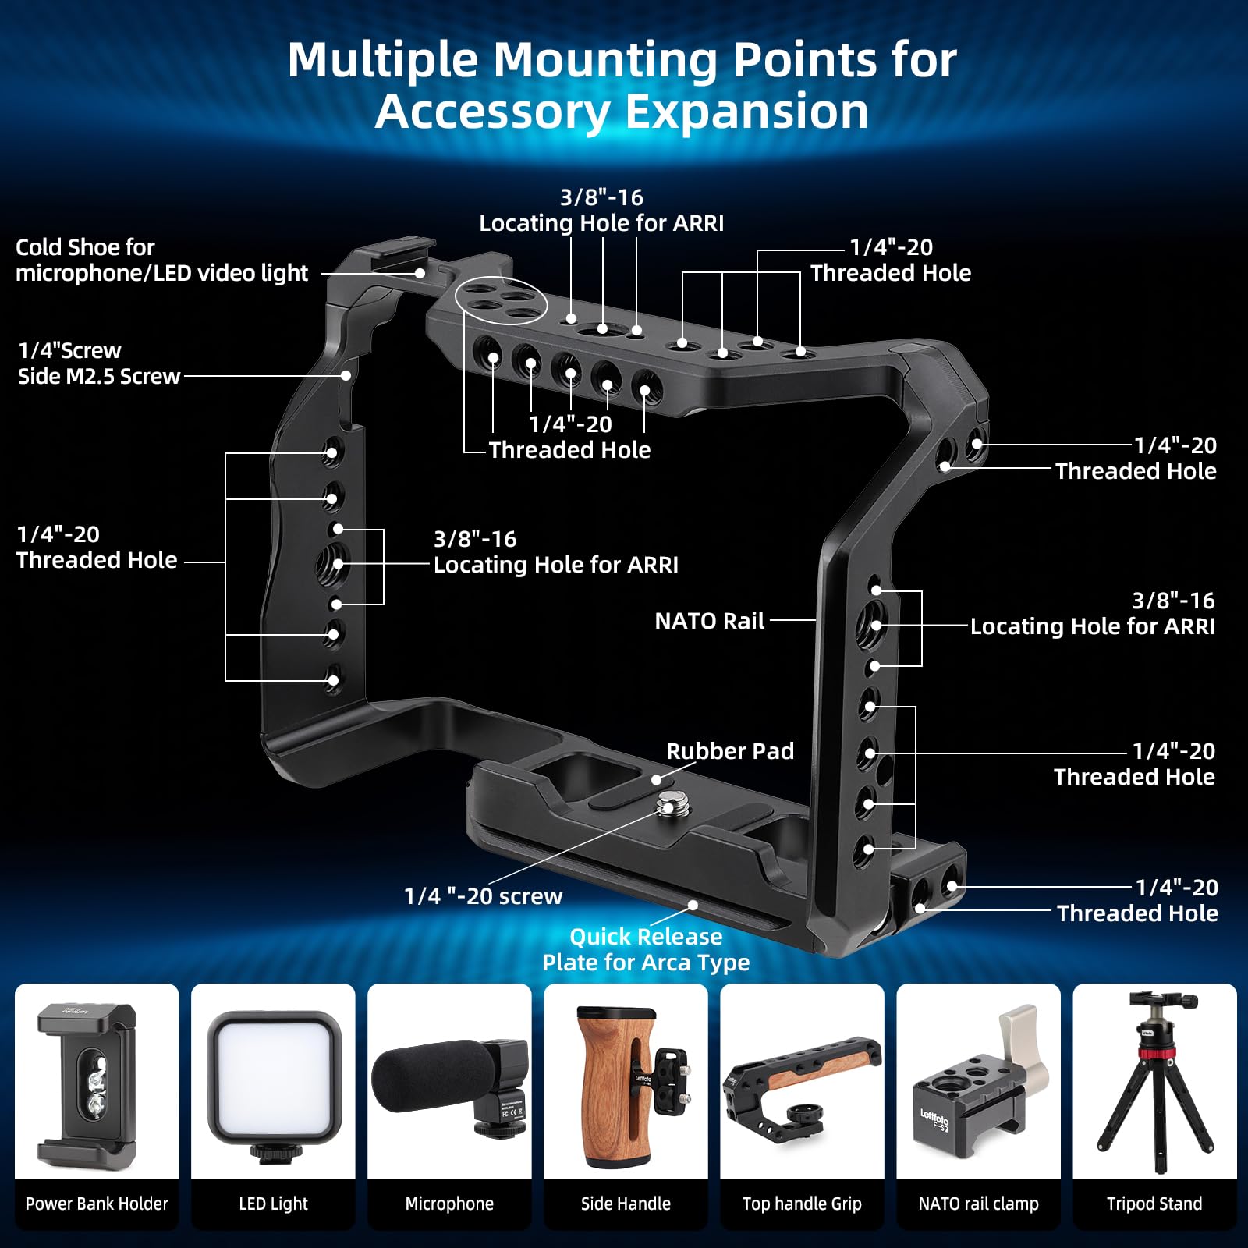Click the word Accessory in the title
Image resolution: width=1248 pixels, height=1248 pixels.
(x=493, y=112)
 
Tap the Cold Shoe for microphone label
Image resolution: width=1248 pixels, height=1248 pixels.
(x=161, y=260)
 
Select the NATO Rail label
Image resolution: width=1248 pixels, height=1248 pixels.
(x=709, y=621)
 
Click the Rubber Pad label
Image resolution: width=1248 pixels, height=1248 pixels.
(x=729, y=751)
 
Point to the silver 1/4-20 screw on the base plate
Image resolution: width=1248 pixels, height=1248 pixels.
(x=668, y=803)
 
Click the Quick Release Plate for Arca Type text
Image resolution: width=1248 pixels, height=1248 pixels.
(x=646, y=949)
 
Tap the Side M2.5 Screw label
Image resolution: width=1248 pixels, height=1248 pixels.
(x=99, y=376)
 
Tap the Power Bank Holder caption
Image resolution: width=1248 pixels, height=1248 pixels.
(x=97, y=1204)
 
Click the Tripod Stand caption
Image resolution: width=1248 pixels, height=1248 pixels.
(x=1154, y=1204)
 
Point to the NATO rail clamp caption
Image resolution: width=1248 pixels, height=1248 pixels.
(x=978, y=1204)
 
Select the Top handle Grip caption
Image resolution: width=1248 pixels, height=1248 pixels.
(x=802, y=1204)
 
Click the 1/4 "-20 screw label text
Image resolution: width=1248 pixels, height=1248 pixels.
(x=483, y=896)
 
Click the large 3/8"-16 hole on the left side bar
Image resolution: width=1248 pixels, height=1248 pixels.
(x=332, y=563)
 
